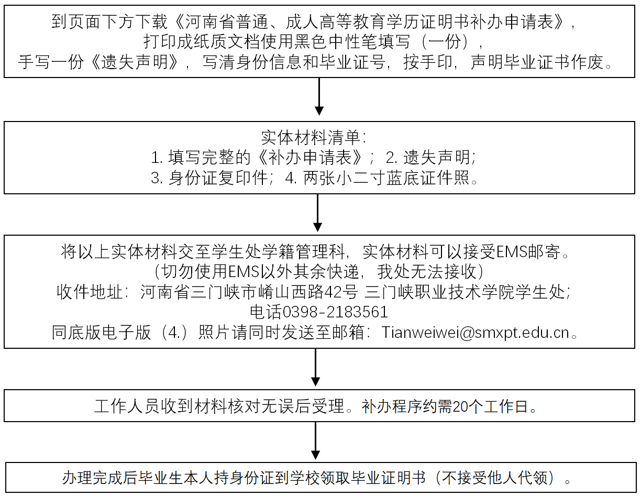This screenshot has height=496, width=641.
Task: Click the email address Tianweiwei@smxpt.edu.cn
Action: [475, 333]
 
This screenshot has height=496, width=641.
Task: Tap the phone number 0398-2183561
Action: [335, 312]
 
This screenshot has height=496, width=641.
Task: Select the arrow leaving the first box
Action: [319, 96]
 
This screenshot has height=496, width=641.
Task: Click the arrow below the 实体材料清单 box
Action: [317, 213]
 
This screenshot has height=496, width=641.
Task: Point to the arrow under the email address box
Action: [316, 367]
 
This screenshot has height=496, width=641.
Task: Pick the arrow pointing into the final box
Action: [316, 440]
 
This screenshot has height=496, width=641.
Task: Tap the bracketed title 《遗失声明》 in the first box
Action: [134, 62]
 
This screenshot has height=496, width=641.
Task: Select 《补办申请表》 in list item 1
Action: [310, 158]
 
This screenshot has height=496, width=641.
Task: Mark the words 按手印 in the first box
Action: [428, 62]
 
